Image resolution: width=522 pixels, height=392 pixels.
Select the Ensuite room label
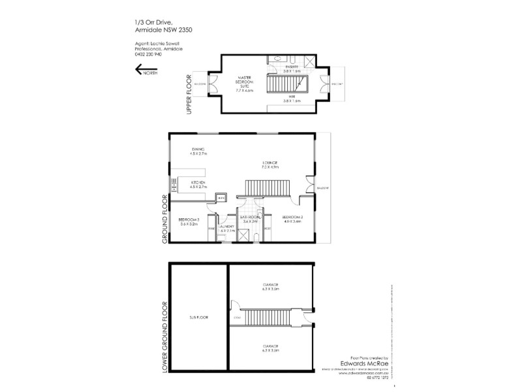290,67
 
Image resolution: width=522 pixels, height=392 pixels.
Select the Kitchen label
198,185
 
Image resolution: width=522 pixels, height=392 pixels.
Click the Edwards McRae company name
361,365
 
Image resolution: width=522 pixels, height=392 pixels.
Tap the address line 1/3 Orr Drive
151,22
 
